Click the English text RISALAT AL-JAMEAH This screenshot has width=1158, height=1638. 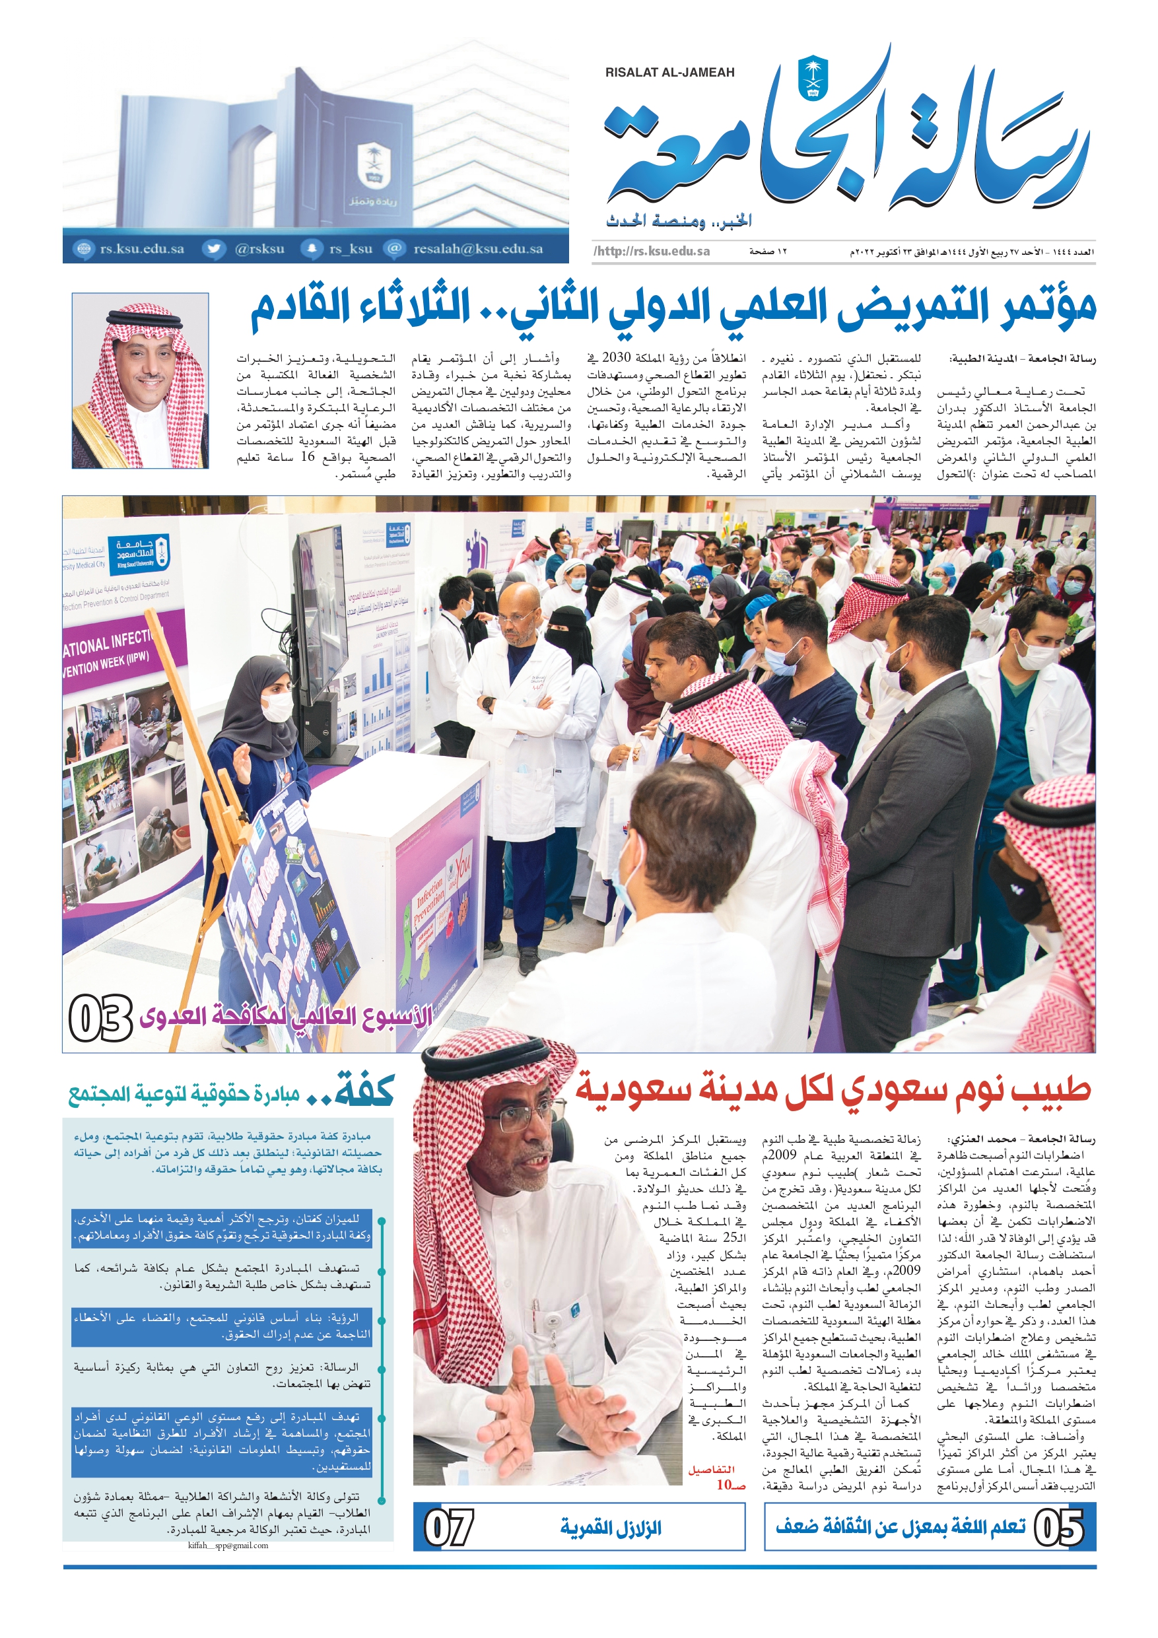click(x=669, y=73)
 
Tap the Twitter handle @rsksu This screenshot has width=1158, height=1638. click(x=259, y=249)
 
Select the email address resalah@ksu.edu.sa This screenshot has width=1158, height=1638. click(x=477, y=249)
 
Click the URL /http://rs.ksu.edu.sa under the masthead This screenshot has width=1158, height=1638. click(x=651, y=251)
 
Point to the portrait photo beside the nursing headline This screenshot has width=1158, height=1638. click(x=140, y=380)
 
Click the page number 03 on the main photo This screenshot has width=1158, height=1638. click(x=100, y=1018)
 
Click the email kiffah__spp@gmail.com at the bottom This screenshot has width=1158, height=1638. click(x=228, y=1546)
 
